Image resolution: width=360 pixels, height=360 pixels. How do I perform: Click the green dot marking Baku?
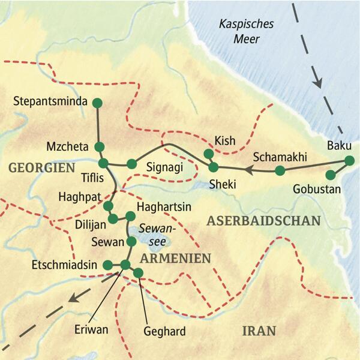point(349,160)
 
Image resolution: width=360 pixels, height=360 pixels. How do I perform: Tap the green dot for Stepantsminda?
point(97,103)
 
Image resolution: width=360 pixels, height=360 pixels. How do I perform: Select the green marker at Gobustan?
point(329,175)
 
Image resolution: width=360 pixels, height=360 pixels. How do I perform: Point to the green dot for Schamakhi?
point(280,171)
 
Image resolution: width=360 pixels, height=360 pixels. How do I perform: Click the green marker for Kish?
point(209,154)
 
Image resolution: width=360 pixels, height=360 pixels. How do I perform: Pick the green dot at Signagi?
point(131,164)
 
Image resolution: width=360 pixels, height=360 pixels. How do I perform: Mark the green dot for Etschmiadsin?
point(108,265)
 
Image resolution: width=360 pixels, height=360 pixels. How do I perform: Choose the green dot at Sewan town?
point(131,242)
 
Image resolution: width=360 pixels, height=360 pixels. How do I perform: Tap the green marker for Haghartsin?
point(130,216)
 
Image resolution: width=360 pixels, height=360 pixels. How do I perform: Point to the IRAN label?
point(259,330)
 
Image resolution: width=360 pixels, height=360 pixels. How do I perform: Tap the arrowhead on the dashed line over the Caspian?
point(319,81)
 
